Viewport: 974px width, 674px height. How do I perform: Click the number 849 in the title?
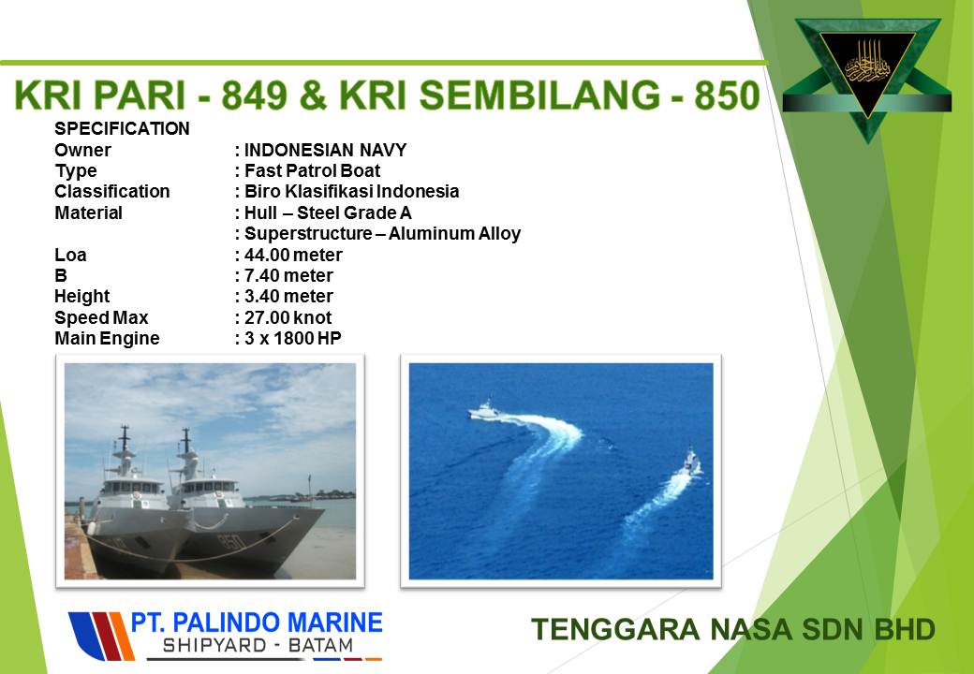pyautogui.click(x=254, y=95)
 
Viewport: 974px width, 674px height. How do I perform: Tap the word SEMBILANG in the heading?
pyautogui.click(x=539, y=95)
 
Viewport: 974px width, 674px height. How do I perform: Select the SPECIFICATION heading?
pyautogui.click(x=122, y=129)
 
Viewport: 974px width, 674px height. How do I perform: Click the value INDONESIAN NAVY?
pyautogui.click(x=326, y=150)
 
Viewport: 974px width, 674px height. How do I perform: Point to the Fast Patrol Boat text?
pyautogui.click(x=312, y=170)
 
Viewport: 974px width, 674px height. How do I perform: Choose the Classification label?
pyautogui.click(x=111, y=191)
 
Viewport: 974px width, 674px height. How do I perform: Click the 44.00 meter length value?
pyautogui.click(x=293, y=255)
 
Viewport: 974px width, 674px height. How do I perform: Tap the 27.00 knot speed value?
pyautogui.click(x=288, y=317)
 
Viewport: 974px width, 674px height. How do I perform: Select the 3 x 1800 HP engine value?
pyautogui.click(x=292, y=338)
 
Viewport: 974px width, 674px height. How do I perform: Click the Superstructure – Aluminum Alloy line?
pyautogui.click(x=382, y=234)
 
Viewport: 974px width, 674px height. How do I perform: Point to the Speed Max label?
pyautogui.click(x=101, y=317)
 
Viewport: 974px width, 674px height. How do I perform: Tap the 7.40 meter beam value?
pyautogui.click(x=288, y=275)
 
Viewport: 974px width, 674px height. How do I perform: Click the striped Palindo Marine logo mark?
pyautogui.click(x=101, y=636)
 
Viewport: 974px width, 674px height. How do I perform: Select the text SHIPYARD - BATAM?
pyautogui.click(x=258, y=646)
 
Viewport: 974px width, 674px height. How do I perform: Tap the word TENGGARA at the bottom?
pyautogui.click(x=615, y=629)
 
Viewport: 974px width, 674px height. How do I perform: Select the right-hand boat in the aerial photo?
pyautogui.click(x=691, y=462)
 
